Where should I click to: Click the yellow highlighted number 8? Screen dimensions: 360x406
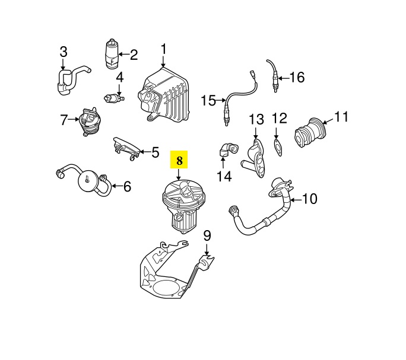179,160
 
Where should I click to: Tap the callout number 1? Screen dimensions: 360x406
164,49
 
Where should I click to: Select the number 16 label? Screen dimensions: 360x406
297,77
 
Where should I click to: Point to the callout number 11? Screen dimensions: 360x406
341,117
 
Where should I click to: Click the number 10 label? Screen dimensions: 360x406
310,199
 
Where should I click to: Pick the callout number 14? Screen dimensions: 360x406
224,176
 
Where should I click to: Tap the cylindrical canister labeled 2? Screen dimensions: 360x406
111,55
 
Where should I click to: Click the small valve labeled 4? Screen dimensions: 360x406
114,97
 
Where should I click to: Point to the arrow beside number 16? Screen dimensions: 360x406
283,77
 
